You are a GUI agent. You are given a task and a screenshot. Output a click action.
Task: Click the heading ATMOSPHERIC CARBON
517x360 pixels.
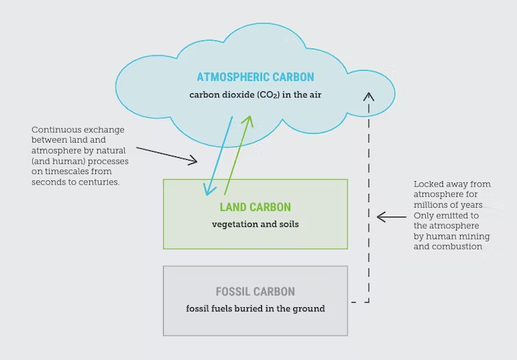click(255, 77)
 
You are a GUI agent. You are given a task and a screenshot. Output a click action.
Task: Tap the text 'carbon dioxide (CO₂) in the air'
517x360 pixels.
click(255, 95)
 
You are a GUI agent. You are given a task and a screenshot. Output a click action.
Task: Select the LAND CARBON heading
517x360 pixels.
click(255, 207)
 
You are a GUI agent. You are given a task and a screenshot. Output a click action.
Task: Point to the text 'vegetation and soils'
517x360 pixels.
click(255, 224)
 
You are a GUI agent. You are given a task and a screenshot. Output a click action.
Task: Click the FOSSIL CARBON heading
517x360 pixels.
click(255, 291)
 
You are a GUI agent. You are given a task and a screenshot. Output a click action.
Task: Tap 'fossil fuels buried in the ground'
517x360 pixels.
click(255, 309)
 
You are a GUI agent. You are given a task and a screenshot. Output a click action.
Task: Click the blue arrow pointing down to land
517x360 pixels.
click(220, 155)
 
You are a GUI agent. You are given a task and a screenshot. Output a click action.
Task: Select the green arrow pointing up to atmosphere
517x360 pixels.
click(238, 155)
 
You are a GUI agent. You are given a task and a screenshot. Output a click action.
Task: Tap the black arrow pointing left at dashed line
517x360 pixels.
click(392, 217)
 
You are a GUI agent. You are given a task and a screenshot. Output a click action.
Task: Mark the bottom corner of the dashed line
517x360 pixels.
click(369, 301)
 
